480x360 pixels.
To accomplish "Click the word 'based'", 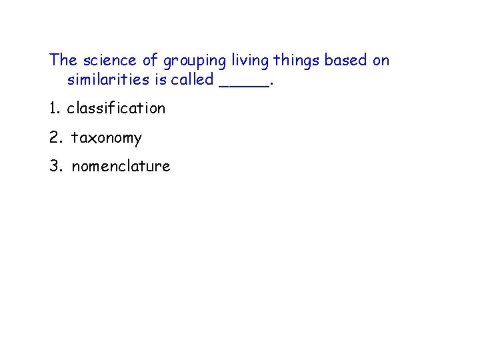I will tap(346, 61).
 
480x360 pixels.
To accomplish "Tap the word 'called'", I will tap(191, 80).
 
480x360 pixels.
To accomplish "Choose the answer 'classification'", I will tap(116, 108).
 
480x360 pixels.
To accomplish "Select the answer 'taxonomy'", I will tap(107, 138).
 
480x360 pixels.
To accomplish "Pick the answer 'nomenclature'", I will tap(121, 166).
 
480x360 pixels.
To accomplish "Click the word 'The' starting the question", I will tap(63, 61).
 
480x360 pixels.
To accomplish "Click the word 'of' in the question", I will tap(150, 61).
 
